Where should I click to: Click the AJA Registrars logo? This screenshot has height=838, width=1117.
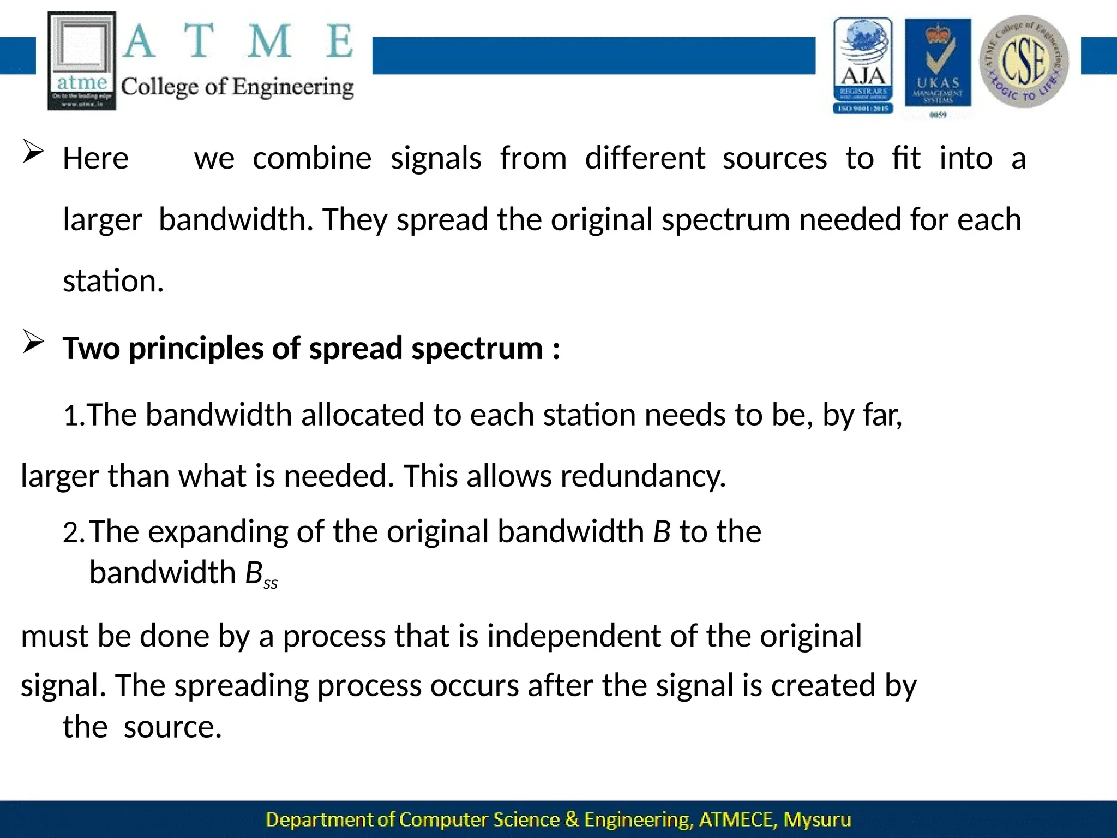[x=863, y=64]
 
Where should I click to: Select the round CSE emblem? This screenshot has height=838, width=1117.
[x=1024, y=61]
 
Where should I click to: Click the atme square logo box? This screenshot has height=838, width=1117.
[x=82, y=61]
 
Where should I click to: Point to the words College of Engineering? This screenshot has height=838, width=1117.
[x=237, y=87]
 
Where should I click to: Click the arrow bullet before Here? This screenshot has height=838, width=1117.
[x=33, y=153]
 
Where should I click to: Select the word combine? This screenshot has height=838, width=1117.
[x=312, y=159]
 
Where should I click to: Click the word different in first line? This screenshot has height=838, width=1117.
[x=645, y=159]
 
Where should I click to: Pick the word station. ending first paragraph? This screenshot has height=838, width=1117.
[x=113, y=282]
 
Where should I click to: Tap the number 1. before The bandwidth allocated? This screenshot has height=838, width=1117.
[x=74, y=416]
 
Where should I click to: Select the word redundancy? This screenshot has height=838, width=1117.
[x=643, y=476]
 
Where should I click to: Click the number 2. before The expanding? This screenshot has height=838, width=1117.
[x=74, y=533]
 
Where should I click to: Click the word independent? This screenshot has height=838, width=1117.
[x=574, y=637]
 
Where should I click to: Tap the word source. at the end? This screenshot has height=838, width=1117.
[x=172, y=727]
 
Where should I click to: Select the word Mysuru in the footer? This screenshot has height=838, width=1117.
[x=817, y=819]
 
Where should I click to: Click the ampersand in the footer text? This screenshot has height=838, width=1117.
[x=572, y=819]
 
